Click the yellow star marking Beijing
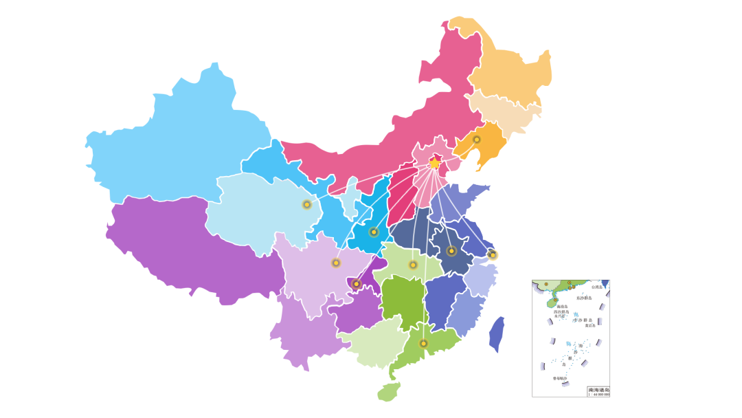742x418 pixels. pos(434,163)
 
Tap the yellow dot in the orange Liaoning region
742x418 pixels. pos(477,140)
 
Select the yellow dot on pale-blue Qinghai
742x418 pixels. pos(307,204)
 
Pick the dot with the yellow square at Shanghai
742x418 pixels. pos(493,255)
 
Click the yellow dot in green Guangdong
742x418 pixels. pos(423,344)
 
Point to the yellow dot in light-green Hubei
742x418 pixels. pos(413,265)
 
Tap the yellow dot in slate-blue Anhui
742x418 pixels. pos(451,251)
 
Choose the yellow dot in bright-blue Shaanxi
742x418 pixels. pos(374,232)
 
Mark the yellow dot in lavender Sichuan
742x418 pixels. pos(336,263)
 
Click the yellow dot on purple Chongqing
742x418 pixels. pos(356,284)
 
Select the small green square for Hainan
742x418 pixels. pos(388,392)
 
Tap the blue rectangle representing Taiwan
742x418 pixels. pos(497,335)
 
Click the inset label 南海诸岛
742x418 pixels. pos(598,390)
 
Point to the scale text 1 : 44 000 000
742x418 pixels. pos(598,395)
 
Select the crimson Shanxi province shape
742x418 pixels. pos(402,199)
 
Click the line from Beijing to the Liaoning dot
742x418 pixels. pos(456,151)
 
